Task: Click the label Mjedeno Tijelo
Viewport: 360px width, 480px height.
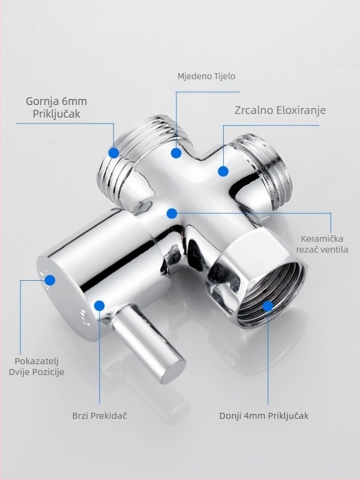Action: [x=206, y=76]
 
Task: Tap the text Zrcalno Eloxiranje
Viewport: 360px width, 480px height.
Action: [x=280, y=110]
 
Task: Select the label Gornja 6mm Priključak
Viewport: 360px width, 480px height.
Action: [x=56, y=107]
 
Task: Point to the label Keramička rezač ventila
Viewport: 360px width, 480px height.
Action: [x=322, y=244]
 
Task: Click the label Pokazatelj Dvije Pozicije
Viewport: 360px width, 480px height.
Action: [x=37, y=367]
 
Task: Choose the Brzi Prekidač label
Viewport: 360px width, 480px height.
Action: [x=100, y=416]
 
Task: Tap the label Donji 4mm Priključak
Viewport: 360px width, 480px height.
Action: [x=264, y=416]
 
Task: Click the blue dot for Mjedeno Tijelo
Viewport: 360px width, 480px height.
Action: [x=176, y=153]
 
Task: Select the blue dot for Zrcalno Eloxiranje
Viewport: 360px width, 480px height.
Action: [x=223, y=171]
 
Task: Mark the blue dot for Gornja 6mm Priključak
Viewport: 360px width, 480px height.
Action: [x=114, y=153]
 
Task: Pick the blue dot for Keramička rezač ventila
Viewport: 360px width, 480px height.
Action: [x=172, y=214]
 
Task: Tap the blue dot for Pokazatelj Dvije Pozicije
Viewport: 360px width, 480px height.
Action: [x=50, y=280]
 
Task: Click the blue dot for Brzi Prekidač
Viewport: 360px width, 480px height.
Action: [x=100, y=305]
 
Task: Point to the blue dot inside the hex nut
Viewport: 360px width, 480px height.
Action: [x=268, y=306]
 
